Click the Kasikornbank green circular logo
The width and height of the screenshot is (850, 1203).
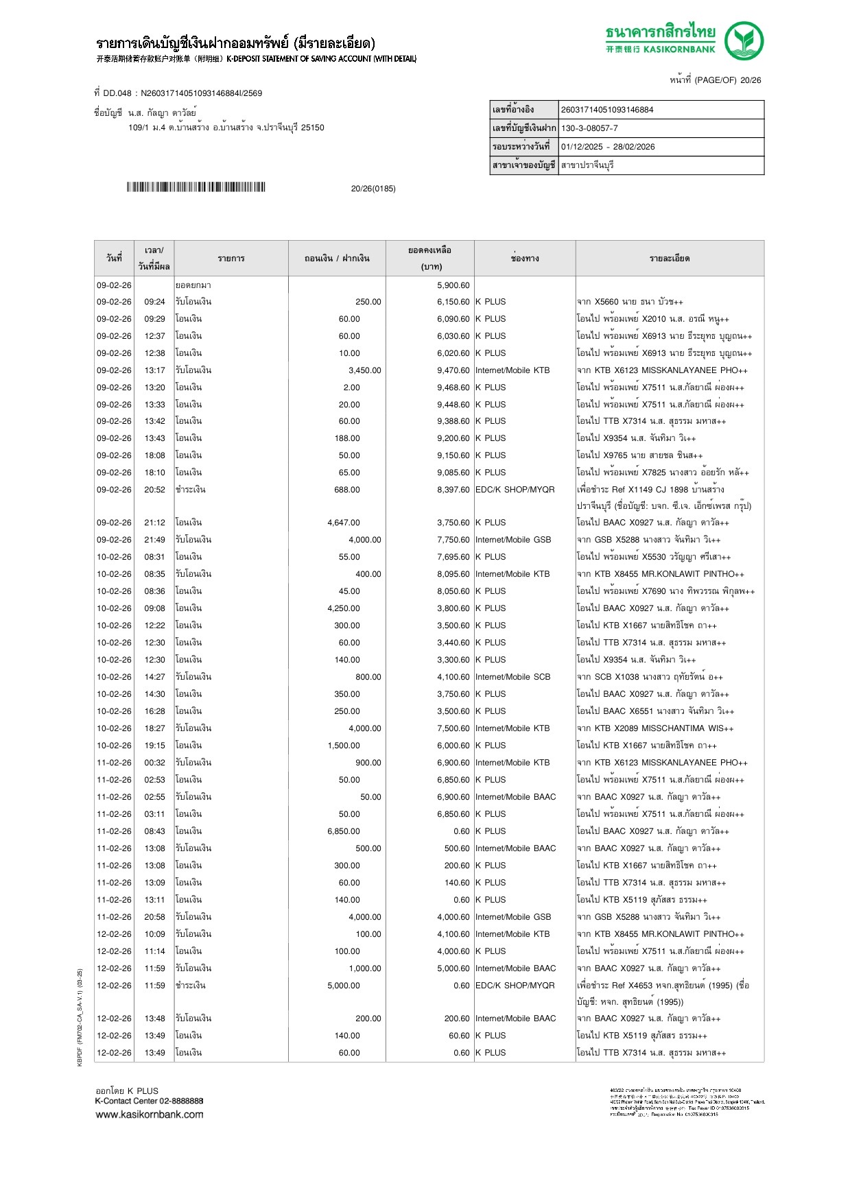[x=744, y=40]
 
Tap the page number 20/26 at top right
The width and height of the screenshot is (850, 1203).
[x=751, y=80]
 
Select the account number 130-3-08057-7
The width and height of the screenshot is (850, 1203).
[x=589, y=128]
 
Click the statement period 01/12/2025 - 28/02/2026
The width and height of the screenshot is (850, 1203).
[x=608, y=147]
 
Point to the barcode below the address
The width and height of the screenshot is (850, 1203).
[x=196, y=187]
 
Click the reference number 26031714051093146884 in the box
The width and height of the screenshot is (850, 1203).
[x=607, y=110]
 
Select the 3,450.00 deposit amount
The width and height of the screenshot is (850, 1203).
[x=364, y=370]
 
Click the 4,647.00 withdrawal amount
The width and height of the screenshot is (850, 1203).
[x=343, y=523]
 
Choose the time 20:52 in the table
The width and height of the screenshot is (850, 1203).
[x=154, y=490]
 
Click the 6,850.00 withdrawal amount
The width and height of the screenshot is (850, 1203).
[x=343, y=831]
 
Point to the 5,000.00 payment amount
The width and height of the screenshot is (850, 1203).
[x=343, y=986]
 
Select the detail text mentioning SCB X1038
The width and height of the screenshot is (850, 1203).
[x=650, y=677]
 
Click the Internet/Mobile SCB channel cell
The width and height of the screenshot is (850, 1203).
[x=512, y=677]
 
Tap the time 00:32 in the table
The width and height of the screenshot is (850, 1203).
[x=154, y=763]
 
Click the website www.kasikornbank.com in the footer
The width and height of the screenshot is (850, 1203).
[x=150, y=1115]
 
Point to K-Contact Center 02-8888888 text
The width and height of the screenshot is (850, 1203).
[x=149, y=1101]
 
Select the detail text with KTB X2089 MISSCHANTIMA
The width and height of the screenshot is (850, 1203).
[x=655, y=728]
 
